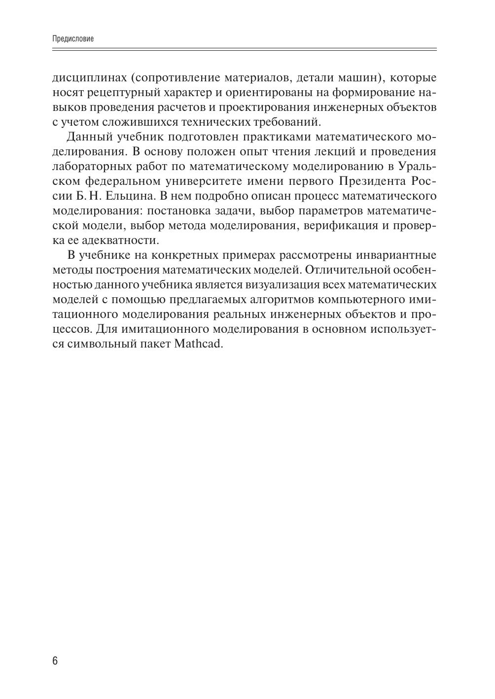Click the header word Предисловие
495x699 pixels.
click(73, 38)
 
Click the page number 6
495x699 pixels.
click(55, 661)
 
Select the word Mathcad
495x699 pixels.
click(199, 344)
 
